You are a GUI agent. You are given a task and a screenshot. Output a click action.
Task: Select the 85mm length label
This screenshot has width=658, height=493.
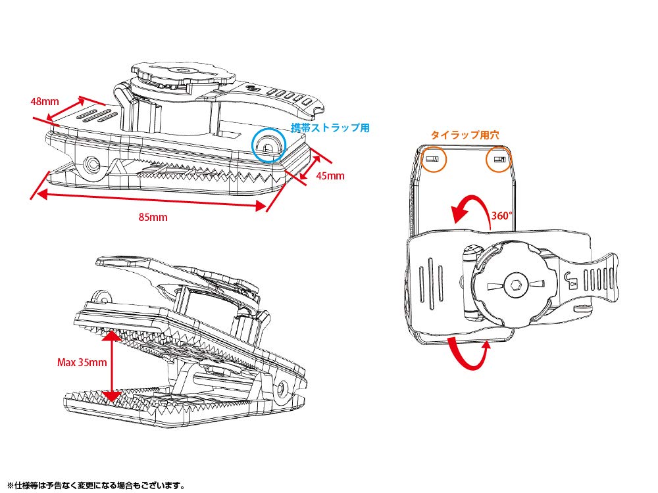click(153, 218)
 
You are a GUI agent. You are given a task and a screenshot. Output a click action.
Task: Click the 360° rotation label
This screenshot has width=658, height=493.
click(501, 215)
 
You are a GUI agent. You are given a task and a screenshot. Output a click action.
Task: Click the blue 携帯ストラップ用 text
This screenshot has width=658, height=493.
click(330, 128)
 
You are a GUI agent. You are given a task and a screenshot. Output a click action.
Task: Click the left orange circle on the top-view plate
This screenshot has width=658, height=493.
click(432, 159)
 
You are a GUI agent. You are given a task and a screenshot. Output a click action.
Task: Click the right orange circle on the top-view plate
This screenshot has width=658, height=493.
click(500, 159)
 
